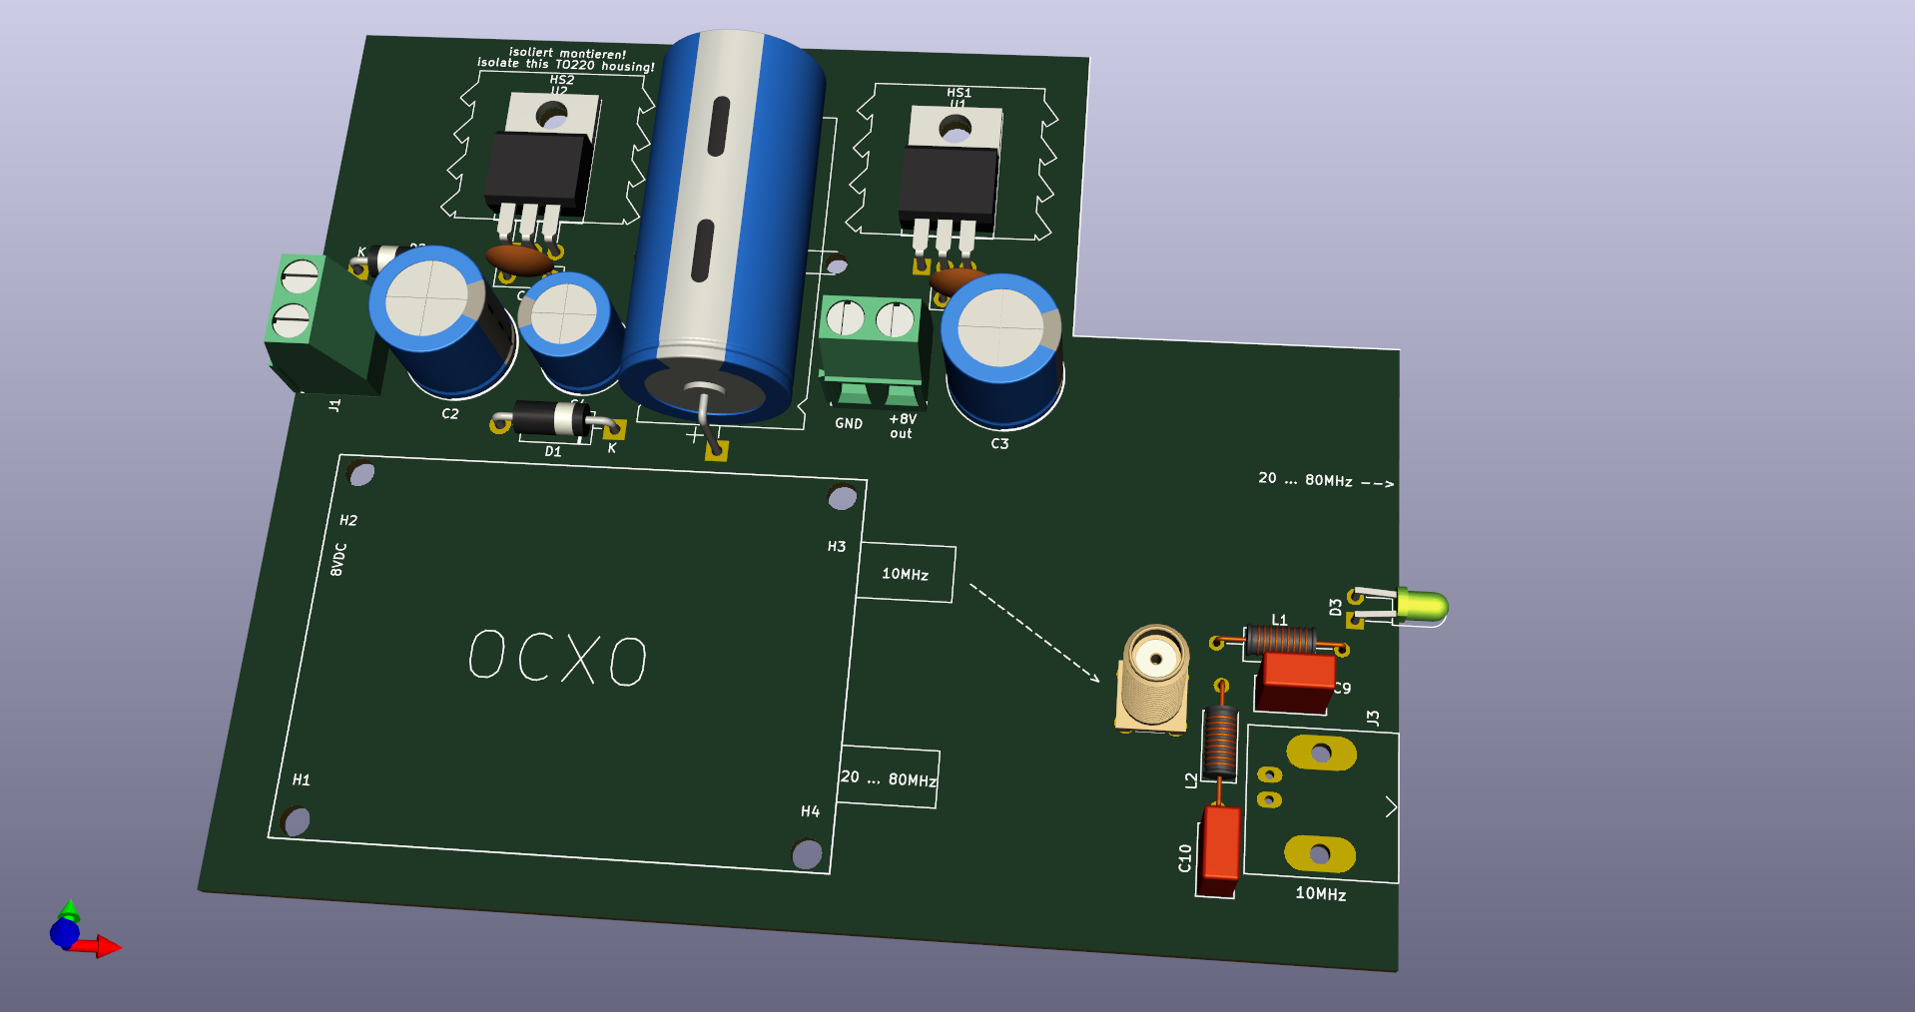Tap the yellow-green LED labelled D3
coord(1422,605)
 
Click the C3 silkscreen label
coord(999,443)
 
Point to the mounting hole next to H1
coord(297,821)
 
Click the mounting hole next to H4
coord(807,854)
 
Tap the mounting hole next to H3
coord(842,497)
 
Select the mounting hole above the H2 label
coord(361,473)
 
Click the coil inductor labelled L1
coord(1279,639)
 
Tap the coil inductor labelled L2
coord(1219,743)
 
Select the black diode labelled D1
coord(550,418)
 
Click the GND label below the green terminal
coord(849,423)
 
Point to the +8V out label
coord(902,426)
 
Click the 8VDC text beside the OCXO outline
coord(338,560)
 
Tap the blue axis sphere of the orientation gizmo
coord(65,933)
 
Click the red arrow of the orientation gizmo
coord(104,946)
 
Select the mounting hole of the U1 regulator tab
coord(956,129)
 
